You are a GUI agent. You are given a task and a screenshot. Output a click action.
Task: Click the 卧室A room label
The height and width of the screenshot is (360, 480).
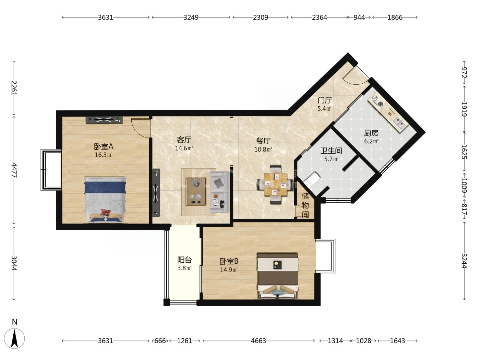104,146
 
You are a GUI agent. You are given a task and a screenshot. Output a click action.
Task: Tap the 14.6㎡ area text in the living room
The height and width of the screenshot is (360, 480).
184,148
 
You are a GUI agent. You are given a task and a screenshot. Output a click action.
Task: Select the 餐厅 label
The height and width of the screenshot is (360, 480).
263,141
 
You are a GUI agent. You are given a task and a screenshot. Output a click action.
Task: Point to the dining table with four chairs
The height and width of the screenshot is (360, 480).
275,184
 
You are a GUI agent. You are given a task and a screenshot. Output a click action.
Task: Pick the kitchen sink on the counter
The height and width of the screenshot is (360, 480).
399,123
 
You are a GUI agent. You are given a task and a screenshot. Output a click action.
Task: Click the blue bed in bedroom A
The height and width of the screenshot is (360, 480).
105,199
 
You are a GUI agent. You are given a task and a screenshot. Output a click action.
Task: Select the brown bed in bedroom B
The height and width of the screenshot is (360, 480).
277,276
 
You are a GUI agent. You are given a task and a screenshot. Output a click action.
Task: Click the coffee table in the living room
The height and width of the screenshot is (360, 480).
196,191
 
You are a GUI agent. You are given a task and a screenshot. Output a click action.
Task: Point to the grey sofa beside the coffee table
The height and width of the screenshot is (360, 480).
219,192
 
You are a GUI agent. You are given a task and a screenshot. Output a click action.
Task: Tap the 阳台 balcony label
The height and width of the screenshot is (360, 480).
184,260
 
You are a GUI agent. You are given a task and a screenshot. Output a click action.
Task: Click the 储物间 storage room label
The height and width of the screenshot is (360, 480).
305,205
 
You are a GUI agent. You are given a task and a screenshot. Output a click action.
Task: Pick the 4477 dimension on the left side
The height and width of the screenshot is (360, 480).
14,170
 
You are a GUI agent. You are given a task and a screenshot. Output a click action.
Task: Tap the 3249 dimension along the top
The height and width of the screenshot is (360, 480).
191,17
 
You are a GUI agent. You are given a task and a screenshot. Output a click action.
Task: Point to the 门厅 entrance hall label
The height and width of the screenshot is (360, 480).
325,100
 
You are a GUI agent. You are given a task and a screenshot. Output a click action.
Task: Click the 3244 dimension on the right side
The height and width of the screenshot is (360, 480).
464,261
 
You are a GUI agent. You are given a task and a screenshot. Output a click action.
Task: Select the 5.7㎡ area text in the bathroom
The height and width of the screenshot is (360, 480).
331,159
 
